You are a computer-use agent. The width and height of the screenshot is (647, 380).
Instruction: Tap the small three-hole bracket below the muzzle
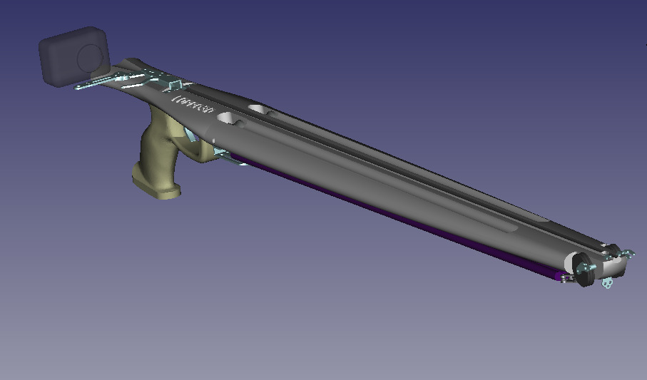[607, 283]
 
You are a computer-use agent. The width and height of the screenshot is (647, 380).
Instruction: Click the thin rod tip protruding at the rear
[79, 88]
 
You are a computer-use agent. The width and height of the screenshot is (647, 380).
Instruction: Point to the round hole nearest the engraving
[230, 119]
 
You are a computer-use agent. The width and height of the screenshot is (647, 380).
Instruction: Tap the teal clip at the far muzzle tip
[628, 253]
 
